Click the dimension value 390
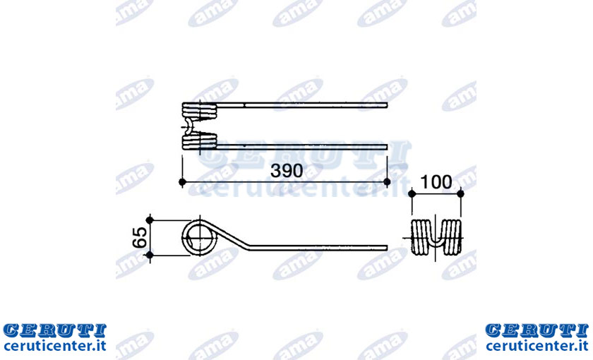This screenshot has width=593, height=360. (287, 171)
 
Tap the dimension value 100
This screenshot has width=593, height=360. (436, 182)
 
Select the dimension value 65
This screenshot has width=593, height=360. (140, 237)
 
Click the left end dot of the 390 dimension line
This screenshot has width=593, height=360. (182, 182)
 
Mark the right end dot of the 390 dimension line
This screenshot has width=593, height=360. (387, 182)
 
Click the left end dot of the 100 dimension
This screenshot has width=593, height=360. (412, 194)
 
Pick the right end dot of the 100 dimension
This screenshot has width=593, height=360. (460, 194)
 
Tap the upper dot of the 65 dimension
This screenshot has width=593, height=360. (150, 220)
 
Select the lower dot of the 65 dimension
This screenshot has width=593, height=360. (150, 255)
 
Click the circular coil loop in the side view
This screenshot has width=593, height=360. (183, 237)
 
